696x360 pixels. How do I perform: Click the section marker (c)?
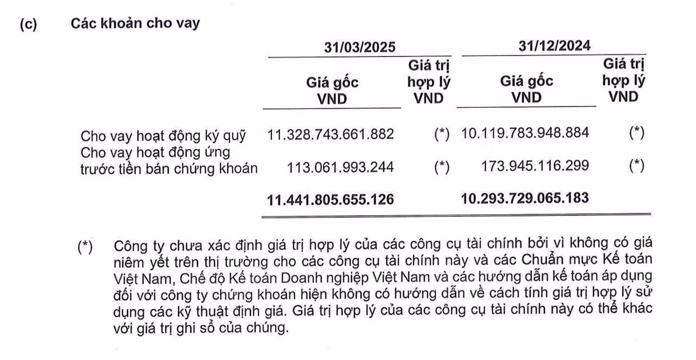tap(28, 25)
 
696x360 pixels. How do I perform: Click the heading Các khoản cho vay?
tap(135, 24)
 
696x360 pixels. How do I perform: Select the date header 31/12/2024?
tap(554, 45)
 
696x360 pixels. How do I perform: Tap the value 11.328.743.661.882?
tap(331, 133)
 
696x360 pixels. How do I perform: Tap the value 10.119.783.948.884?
tap(525, 132)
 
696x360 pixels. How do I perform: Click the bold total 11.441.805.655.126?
tap(331, 200)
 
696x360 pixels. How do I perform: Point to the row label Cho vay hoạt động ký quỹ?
tap(163, 135)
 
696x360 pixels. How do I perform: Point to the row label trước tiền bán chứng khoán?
tap(169, 168)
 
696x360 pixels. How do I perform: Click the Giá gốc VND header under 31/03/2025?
tap(332, 90)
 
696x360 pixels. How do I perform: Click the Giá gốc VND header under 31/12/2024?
tap(527, 89)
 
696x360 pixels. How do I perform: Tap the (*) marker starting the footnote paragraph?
tap(85, 246)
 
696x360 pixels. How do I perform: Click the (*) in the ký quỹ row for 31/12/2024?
tap(637, 132)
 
